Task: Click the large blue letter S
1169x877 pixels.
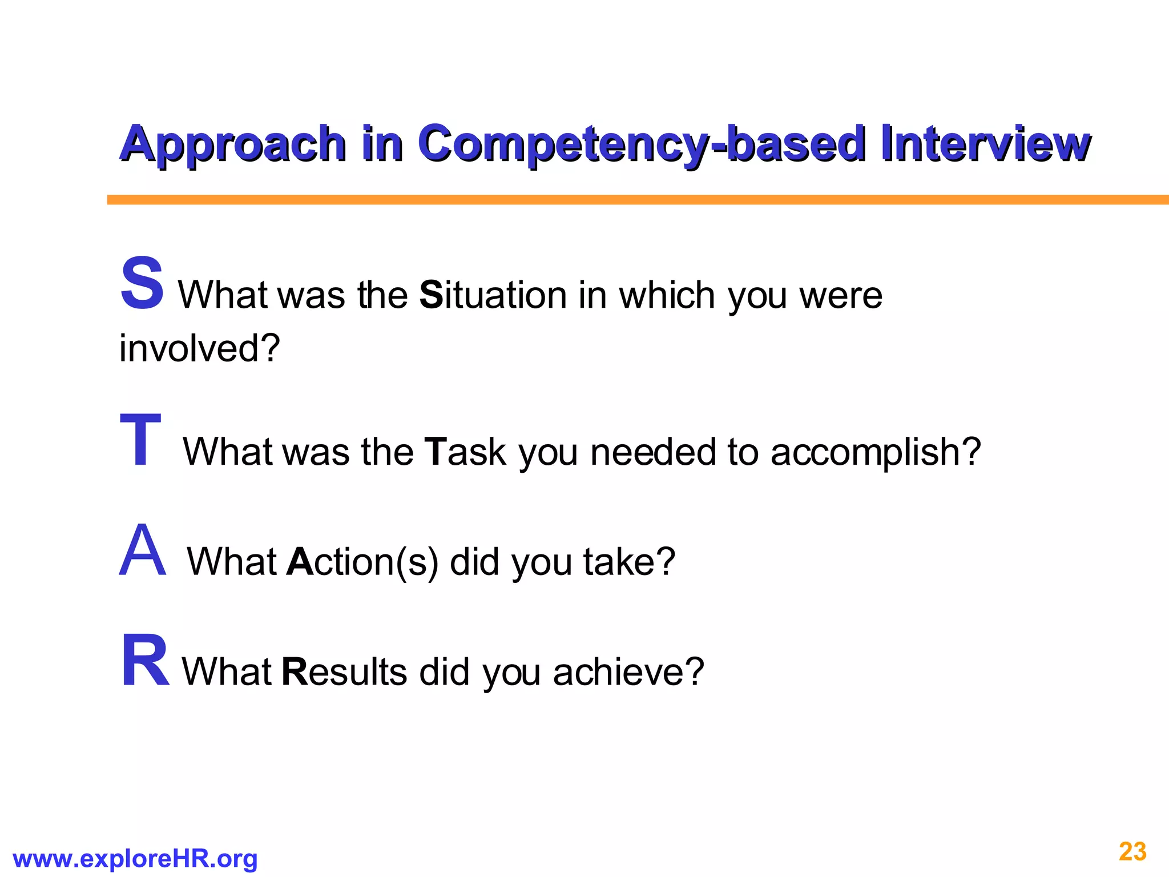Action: coord(142,283)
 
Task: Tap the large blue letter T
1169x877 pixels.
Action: coord(140,440)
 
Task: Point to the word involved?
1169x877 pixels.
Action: coord(200,348)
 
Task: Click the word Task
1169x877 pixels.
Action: coord(465,452)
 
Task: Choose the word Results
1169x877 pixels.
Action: coord(344,671)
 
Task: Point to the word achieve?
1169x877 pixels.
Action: coord(628,671)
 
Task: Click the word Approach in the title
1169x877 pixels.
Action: coord(233,144)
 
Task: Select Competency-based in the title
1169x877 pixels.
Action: coord(641,144)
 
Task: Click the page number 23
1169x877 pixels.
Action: coord(1132,852)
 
